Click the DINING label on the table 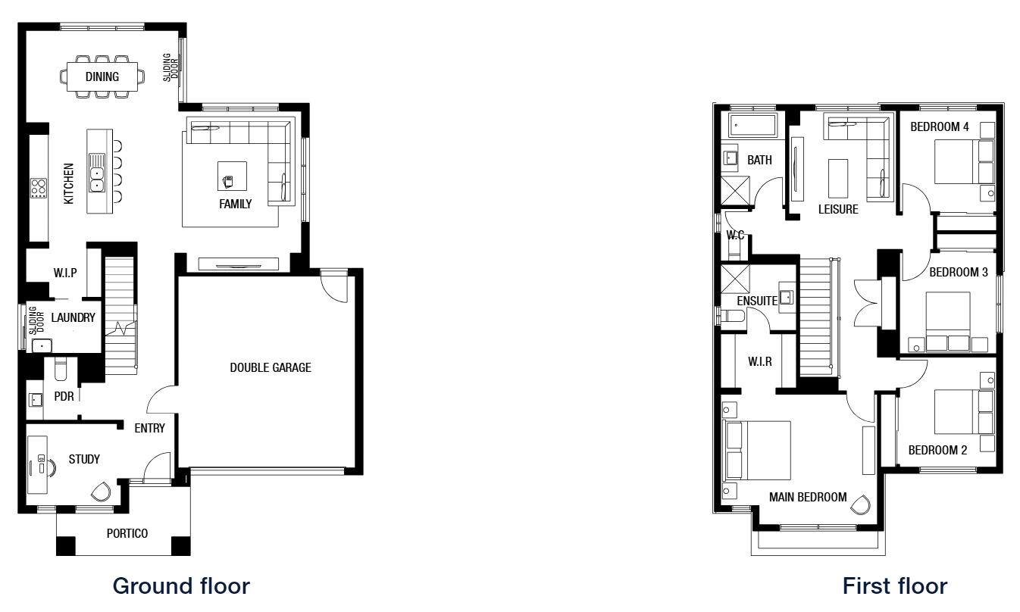click(102, 76)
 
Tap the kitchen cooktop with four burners click(38, 188)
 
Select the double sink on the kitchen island click(96, 173)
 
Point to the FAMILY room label click(235, 204)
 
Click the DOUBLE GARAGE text click(271, 367)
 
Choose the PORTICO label click(127, 533)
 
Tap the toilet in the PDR click(61, 369)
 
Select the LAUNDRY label click(73, 317)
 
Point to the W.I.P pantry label click(65, 273)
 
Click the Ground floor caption click(181, 586)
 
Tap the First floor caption click(895, 586)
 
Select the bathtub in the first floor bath click(752, 126)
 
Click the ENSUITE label click(757, 301)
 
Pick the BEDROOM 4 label click(940, 127)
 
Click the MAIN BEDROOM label click(808, 497)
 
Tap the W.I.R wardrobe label click(759, 362)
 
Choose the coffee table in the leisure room click(838, 178)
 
